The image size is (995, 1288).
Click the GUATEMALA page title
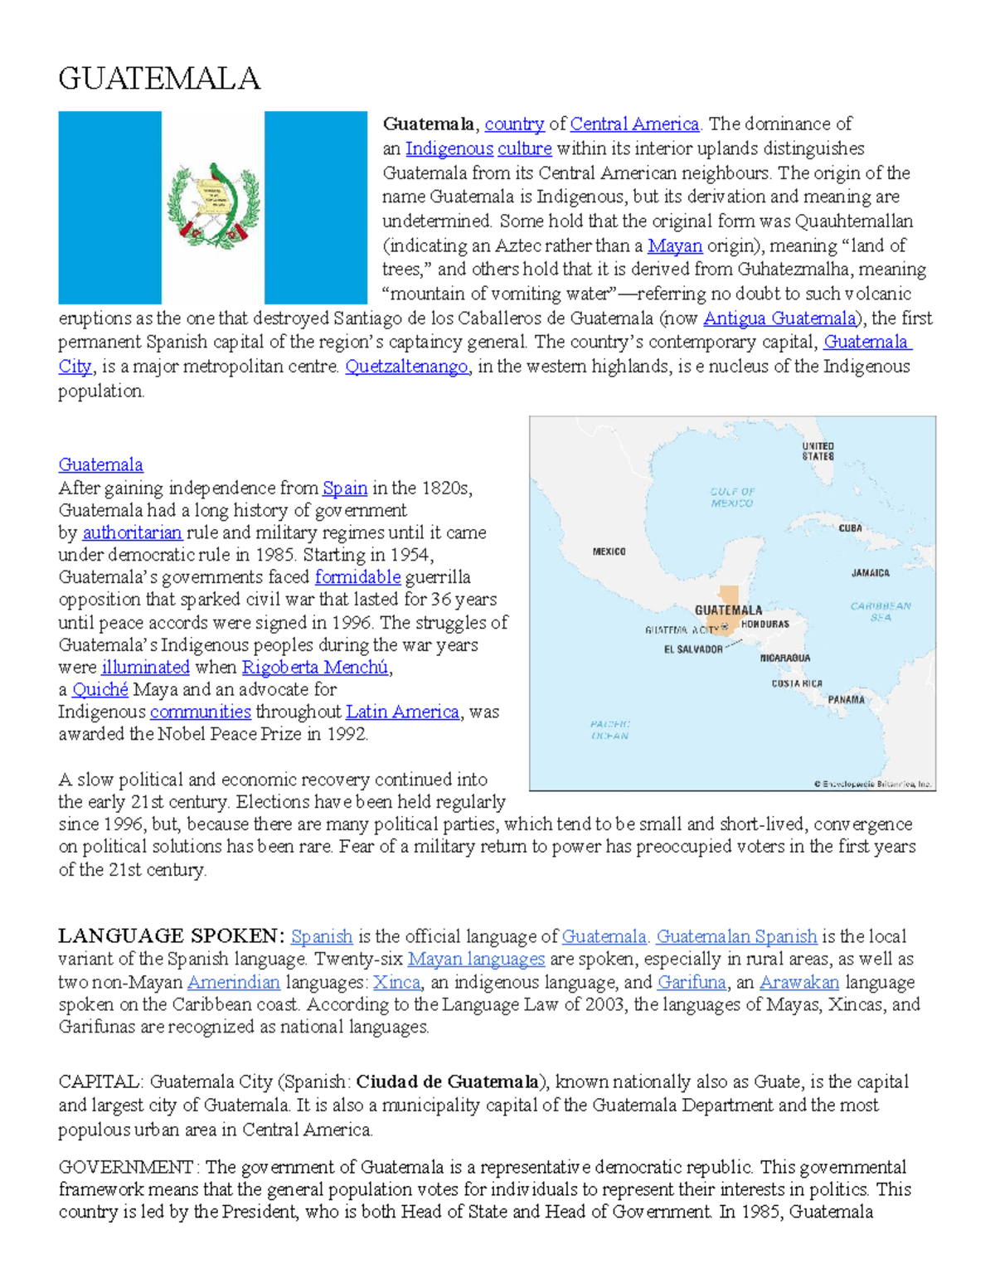[159, 80]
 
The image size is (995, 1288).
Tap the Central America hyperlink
[634, 124]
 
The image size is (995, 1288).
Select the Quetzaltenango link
[406, 367]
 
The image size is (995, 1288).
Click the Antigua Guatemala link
[779, 318]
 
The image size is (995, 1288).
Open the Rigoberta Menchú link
[314, 668]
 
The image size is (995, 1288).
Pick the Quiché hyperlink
[100, 690]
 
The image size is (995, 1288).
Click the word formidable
[357, 577]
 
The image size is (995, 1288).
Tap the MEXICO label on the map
[609, 552]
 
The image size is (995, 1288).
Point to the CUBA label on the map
[850, 528]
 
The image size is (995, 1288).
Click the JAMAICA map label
[870, 573]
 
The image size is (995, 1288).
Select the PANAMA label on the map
[846, 700]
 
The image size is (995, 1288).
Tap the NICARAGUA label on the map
[785, 658]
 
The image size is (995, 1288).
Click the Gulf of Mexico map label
[732, 498]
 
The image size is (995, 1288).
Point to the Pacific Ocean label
[610, 730]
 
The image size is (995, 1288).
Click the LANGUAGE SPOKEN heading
[171, 936]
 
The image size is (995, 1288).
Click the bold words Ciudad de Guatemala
[447, 1082]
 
